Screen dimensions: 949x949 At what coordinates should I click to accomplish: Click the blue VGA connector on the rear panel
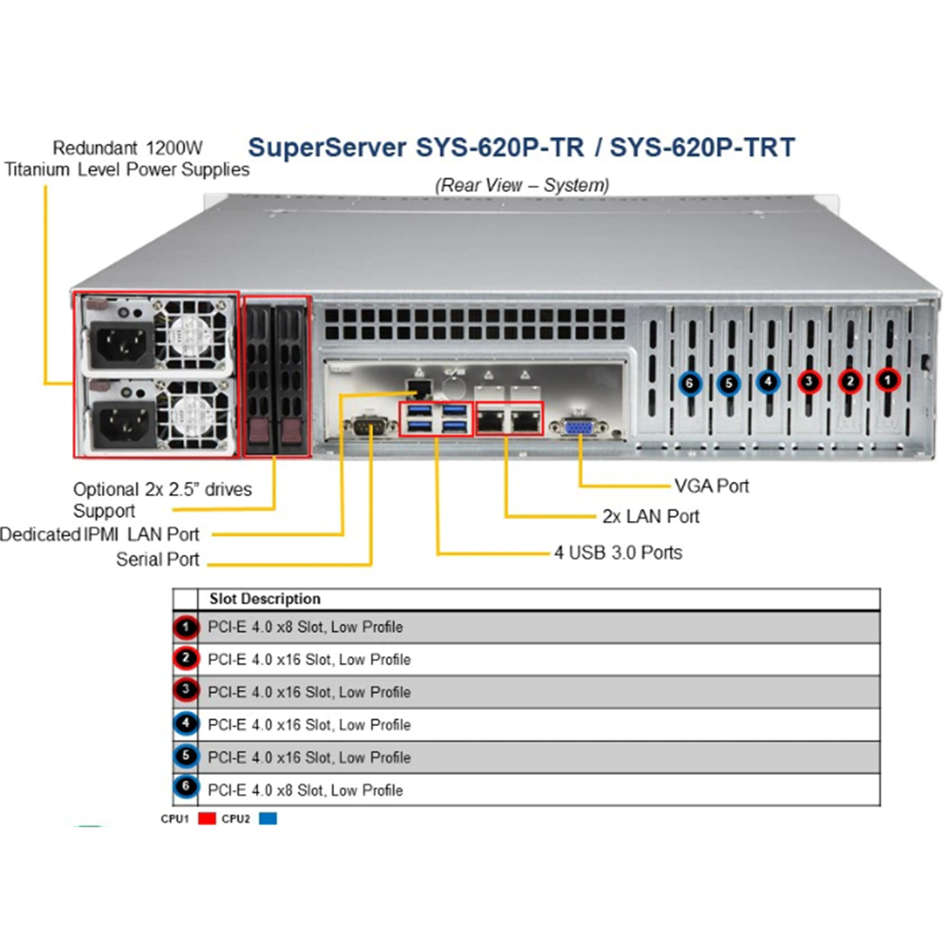point(579,426)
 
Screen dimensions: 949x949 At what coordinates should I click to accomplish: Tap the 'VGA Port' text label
point(712,486)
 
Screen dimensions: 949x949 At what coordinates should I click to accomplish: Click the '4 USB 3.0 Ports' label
point(618,552)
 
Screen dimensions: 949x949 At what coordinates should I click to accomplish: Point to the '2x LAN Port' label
point(651,516)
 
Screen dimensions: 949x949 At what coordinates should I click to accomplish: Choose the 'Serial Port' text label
point(158,559)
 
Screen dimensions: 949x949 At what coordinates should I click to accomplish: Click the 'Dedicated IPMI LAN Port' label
point(100,534)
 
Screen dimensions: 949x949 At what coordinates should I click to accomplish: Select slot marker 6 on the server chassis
point(689,383)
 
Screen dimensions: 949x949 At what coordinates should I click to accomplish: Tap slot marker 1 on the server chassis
point(887,380)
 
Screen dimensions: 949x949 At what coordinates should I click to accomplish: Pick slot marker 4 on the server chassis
point(768,381)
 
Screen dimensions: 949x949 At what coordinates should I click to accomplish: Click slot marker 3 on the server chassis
point(809,381)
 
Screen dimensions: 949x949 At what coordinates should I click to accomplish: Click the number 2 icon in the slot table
point(186,658)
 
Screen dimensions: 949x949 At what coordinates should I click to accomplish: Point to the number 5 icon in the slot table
point(186,756)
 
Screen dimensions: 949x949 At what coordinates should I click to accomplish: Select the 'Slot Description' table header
point(265,598)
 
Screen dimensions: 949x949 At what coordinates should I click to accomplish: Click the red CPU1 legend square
point(207,819)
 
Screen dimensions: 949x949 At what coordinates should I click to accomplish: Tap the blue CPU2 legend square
point(268,819)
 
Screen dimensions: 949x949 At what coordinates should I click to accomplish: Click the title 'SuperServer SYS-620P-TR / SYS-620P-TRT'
point(521,148)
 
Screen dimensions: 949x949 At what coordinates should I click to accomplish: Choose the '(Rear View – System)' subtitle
point(522,185)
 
